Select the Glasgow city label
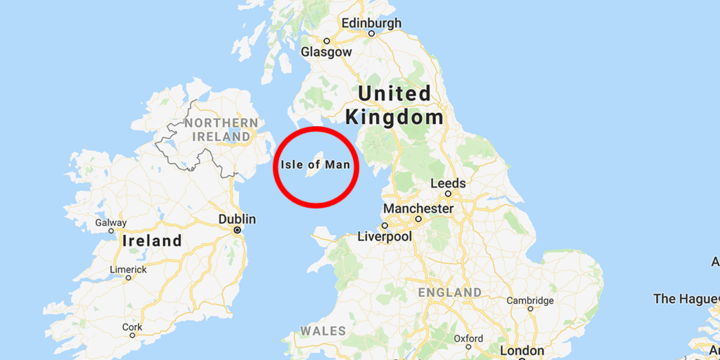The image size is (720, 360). (326, 51)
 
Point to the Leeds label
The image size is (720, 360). (447, 184)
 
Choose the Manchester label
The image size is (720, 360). (418, 209)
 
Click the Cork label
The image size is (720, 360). (131, 327)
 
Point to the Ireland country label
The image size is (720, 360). (151, 241)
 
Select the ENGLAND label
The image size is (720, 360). (451, 292)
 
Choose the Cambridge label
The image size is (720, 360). (529, 300)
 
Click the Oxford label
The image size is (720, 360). (467, 338)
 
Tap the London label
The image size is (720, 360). (522, 351)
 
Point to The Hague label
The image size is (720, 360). (686, 298)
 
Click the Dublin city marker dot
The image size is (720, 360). (239, 230)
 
